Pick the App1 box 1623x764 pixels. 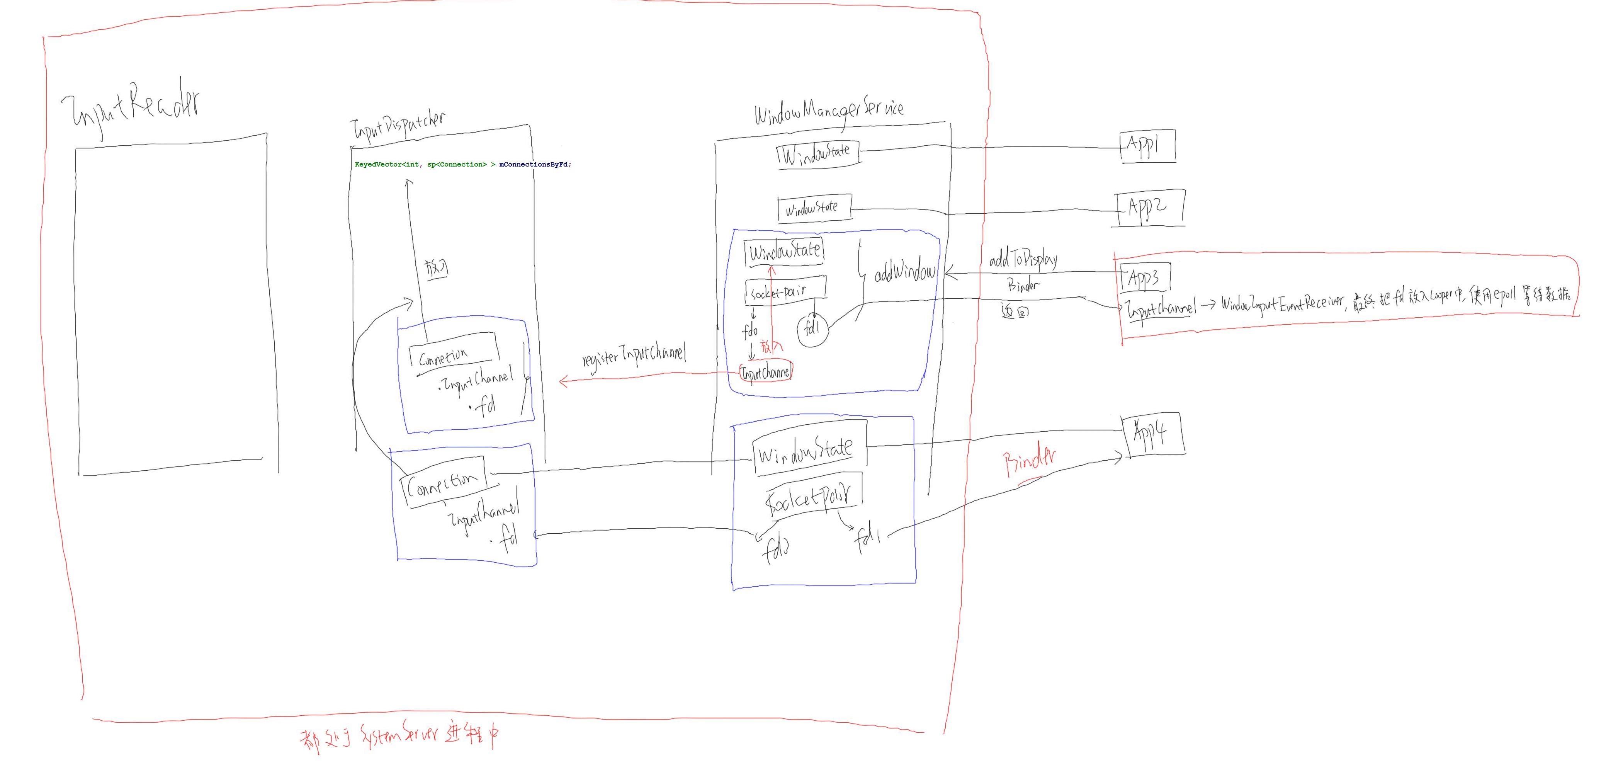[x=1147, y=147]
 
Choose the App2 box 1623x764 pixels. [x=1150, y=208]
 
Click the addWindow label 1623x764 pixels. [x=905, y=272]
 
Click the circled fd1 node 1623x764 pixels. [x=813, y=329]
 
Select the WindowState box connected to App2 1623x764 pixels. [x=814, y=208]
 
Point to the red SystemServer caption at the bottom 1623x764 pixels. [x=401, y=736]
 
